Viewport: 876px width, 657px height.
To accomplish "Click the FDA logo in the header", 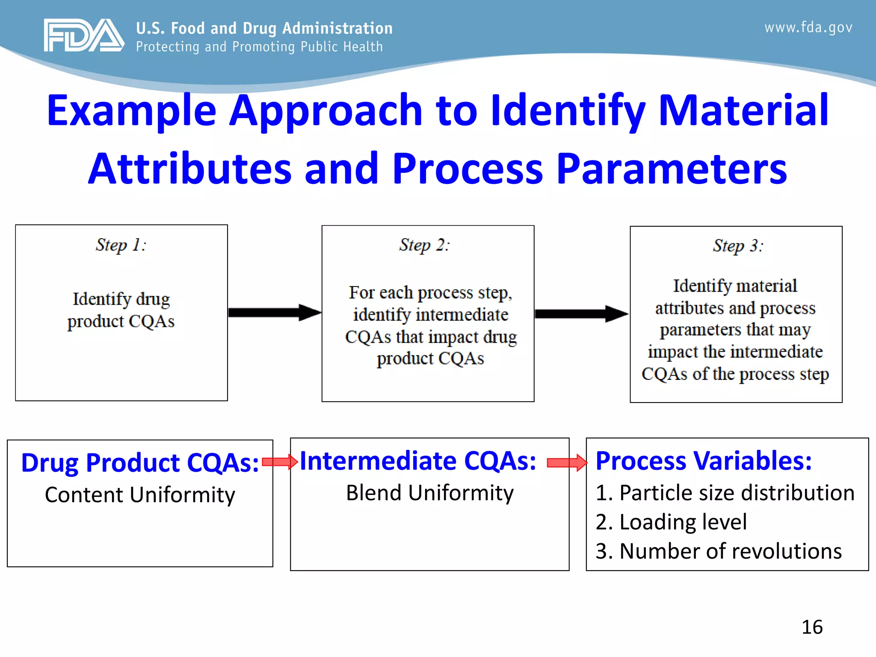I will [84, 36].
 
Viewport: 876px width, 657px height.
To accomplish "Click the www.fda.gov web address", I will [808, 28].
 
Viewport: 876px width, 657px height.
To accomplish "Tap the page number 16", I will [812, 627].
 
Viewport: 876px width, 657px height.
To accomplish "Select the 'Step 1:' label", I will [121, 245].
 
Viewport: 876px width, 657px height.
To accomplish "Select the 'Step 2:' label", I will [424, 245].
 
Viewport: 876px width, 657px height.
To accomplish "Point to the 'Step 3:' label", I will [738, 246].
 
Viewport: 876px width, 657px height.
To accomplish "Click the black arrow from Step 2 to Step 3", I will [581, 314].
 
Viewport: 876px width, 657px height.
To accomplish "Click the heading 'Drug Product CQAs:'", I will [140, 463].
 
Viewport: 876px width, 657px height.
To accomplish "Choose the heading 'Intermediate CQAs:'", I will [418, 461].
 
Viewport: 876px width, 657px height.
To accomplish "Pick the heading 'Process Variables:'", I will [704, 461].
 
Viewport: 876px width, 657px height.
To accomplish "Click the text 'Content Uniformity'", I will [140, 495].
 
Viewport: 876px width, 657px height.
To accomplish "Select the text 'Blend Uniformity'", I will [429, 493].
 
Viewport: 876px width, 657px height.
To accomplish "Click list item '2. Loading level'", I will [671, 522].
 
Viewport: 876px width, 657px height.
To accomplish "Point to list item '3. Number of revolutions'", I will [719, 551].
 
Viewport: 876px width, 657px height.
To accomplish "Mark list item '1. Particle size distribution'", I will [725, 493].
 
